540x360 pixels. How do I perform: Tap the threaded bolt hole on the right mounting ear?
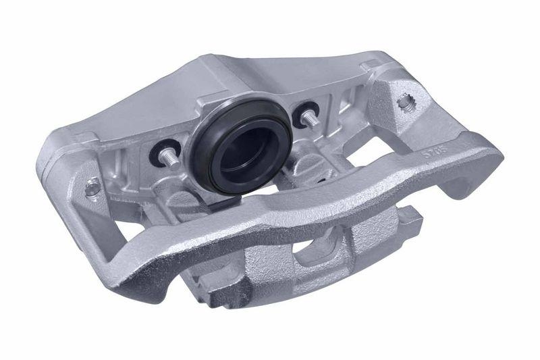407,102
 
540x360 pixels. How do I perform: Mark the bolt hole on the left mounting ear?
90,188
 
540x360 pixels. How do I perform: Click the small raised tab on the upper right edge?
369,65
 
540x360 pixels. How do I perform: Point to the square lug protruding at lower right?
409,220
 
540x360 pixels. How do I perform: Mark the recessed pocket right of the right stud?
333,108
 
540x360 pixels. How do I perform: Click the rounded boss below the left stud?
179,196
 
